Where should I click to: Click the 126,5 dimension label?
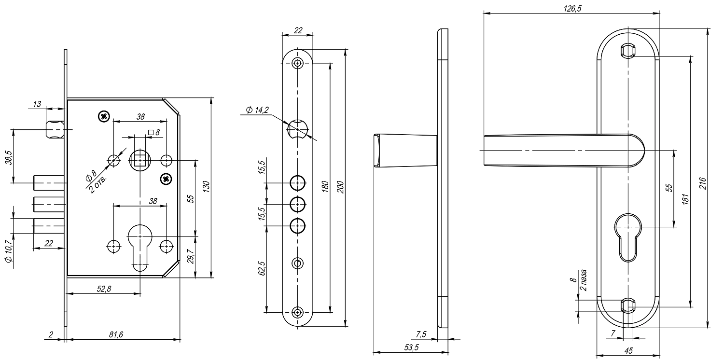[572, 8]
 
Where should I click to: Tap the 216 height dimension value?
[703, 183]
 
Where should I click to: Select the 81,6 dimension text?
[116, 334]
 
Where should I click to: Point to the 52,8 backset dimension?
[104, 289]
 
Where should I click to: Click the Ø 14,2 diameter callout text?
[257, 110]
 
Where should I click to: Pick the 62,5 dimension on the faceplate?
[262, 268]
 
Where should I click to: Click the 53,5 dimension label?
[411, 347]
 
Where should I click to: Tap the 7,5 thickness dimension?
[421, 334]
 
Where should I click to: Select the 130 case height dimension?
[207, 187]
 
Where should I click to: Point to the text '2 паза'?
[583, 280]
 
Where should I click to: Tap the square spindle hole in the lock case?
[139, 160]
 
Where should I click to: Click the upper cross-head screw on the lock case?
[104, 116]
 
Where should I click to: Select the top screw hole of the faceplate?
[298, 63]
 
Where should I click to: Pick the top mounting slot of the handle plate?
[628, 51]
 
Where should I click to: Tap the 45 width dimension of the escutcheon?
[628, 350]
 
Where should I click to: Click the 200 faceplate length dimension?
[341, 187]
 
